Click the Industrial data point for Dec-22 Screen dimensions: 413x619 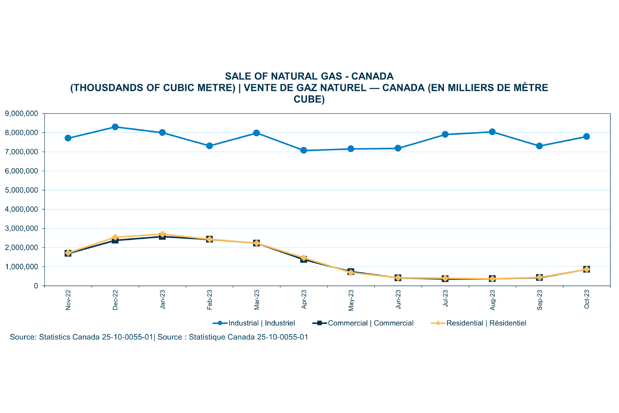pos(115,127)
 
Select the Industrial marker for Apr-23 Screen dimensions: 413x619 pos(304,150)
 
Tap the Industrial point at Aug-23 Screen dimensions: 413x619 pos(492,132)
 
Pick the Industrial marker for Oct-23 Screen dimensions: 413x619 pos(587,137)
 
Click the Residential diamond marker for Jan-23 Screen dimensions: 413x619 pos(162,235)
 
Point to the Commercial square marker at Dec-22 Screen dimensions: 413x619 pos(115,240)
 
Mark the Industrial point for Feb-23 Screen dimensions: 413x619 pos(209,146)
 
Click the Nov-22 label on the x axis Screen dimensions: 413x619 pos(68,300)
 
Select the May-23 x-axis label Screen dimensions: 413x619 pos(351,300)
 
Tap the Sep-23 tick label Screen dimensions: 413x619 pos(540,300)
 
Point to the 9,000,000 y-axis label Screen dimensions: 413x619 pos(22,114)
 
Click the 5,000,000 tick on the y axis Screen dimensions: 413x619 pos(22,190)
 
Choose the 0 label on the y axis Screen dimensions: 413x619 pos(36,286)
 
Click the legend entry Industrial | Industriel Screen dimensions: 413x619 pos(261,323)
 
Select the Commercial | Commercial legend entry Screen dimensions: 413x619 pos(371,323)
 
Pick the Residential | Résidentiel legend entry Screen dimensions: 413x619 pos(486,323)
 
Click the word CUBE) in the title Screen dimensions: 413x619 pos(309,99)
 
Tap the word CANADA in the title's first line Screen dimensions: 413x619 pos(372,76)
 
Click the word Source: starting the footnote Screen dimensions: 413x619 pos(23,337)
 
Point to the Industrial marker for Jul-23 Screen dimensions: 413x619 pos(445,134)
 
